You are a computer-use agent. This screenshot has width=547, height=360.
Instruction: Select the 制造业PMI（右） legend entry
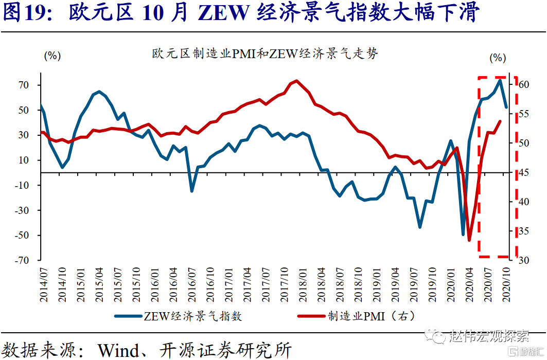pyautogui.click(x=371, y=315)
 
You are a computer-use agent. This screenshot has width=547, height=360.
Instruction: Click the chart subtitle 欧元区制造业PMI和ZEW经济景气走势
pyautogui.click(x=265, y=54)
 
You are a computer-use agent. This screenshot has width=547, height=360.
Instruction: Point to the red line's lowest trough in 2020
pyautogui.click(x=469, y=240)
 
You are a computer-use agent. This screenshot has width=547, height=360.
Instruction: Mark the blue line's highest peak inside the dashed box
pyautogui.click(x=500, y=80)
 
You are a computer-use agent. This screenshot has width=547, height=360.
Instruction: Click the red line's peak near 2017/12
pyautogui.click(x=296, y=81)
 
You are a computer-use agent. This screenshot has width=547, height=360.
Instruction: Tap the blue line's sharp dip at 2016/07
pyautogui.click(x=192, y=191)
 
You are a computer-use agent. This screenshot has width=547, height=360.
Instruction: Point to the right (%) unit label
pyautogui.click(x=498, y=58)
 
